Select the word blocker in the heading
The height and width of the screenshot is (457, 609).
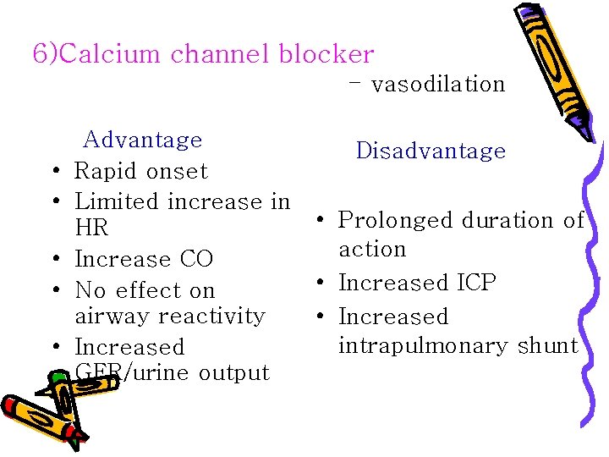[x=329, y=54]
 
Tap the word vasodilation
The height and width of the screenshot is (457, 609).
[x=437, y=84]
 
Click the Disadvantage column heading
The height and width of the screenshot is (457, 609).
[x=431, y=151]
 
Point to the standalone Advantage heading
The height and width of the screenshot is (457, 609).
[x=142, y=140]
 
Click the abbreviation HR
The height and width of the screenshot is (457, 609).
[x=91, y=228]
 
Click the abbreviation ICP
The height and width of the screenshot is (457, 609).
[x=475, y=283]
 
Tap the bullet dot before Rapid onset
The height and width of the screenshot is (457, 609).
[x=54, y=172]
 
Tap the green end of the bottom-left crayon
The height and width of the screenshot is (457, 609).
[x=77, y=439]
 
